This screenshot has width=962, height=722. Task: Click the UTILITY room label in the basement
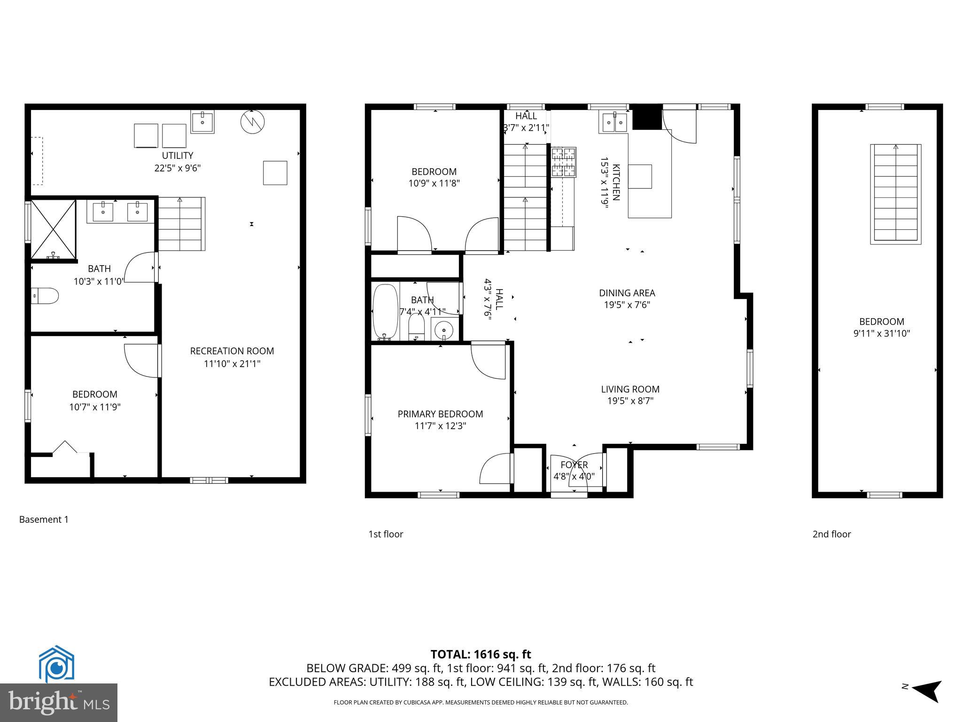tap(177, 156)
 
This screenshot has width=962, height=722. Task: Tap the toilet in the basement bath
tap(46, 296)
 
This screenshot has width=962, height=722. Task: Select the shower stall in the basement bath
tap(53, 229)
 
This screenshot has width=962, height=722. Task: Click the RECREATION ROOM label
tap(232, 351)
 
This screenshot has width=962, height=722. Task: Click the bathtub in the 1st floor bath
tap(385, 312)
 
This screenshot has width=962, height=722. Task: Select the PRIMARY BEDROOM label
tap(440, 414)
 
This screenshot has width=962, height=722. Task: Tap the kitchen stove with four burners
tap(564, 162)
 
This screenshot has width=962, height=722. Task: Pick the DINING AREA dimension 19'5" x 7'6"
tap(627, 305)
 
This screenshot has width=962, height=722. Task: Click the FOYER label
tap(574, 465)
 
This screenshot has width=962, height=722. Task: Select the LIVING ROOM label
tap(630, 389)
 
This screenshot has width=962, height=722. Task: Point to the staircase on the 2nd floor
tap(895, 194)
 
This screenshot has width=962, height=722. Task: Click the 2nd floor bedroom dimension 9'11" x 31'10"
tap(881, 334)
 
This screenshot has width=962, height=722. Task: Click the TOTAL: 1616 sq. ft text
tap(481, 654)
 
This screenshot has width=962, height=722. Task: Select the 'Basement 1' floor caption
tap(44, 519)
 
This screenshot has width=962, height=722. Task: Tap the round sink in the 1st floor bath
tap(443, 330)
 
